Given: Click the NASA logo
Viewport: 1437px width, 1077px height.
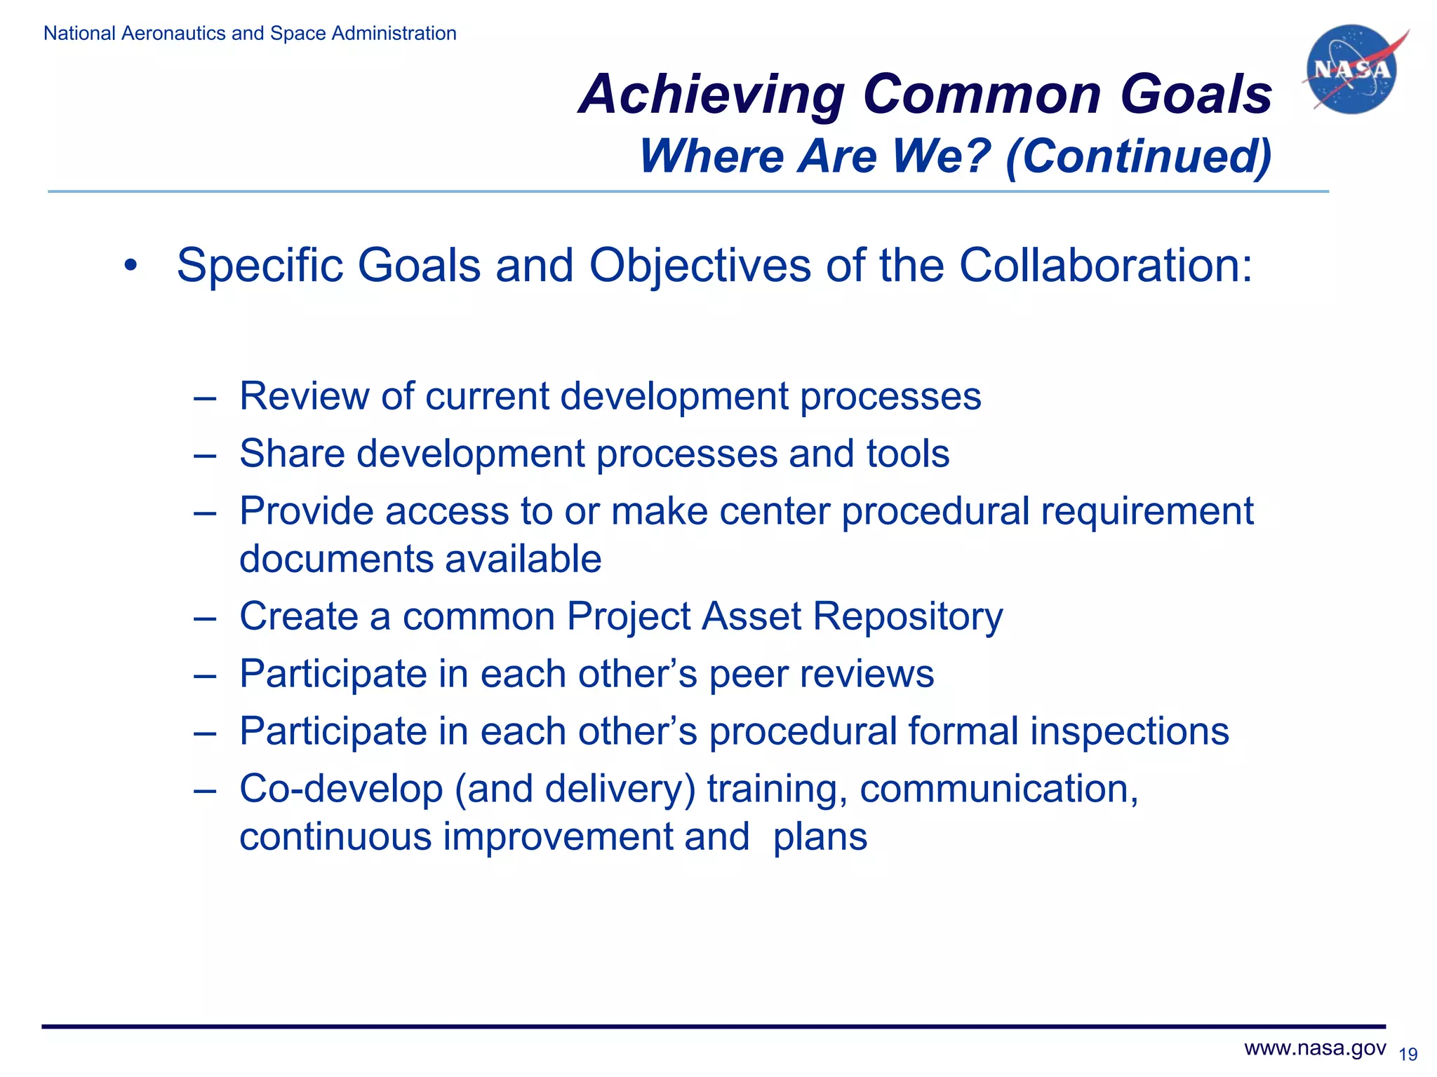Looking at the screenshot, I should [1352, 69].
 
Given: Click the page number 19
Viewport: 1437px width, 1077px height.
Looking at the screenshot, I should [1408, 1055].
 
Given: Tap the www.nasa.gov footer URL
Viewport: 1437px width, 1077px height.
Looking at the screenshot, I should [1315, 1048].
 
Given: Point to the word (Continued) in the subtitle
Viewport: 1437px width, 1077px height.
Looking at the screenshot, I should [1138, 156].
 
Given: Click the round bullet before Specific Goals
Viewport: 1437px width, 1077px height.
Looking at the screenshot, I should [130, 266].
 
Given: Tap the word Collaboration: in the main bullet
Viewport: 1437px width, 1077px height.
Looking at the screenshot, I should [1105, 266].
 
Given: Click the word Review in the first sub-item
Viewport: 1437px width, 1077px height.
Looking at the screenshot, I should [304, 396].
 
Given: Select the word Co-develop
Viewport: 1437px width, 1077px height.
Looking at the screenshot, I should [341, 790].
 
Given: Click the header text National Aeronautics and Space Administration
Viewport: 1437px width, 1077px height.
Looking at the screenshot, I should [250, 34].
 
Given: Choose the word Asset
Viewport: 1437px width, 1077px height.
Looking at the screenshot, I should [751, 617].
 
